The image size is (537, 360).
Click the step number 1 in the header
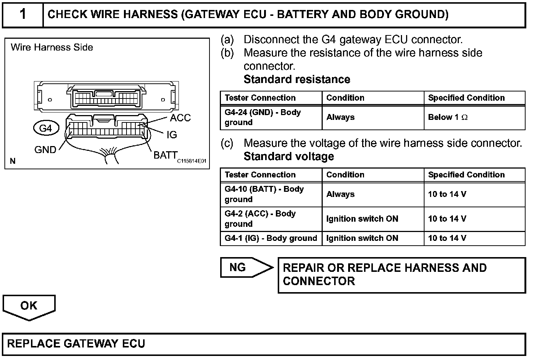click(23, 15)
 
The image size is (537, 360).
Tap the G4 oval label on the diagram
click(45, 128)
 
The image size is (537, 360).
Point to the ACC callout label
click(180, 118)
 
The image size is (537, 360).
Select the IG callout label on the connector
click(172, 135)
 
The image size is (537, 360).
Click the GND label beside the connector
click(45, 150)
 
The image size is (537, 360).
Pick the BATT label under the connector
click(165, 155)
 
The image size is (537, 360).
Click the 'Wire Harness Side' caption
click(52, 47)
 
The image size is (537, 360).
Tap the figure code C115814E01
click(191, 161)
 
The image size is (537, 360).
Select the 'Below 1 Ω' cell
click(448, 117)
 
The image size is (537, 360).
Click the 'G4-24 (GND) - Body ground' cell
click(263, 117)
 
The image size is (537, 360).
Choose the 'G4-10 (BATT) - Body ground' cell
click(264, 194)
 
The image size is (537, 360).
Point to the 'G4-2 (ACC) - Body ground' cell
click(260, 219)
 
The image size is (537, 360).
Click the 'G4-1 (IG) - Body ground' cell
click(271, 238)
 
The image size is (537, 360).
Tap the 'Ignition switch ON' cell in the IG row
click(362, 238)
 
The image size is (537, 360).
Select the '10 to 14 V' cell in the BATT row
click(447, 194)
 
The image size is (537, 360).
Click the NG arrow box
click(243, 267)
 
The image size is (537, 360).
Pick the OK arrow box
click(29, 306)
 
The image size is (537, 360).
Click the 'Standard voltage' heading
click(289, 156)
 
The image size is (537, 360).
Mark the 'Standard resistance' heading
click(297, 79)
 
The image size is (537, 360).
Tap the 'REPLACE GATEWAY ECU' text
click(76, 344)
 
